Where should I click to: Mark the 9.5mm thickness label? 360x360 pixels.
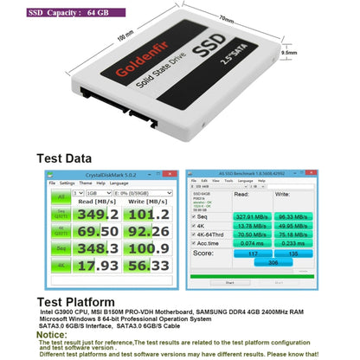[312, 52]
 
